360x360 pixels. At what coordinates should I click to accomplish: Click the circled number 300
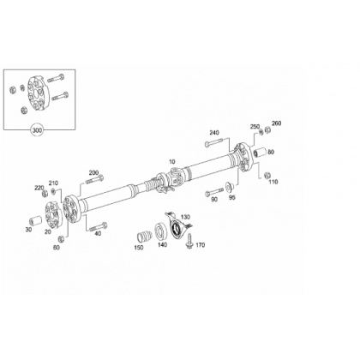click(38, 130)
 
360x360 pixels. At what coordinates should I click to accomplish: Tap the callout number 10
click(171, 161)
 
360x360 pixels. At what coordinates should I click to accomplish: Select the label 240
click(214, 133)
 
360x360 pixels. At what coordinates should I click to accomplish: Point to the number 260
click(277, 123)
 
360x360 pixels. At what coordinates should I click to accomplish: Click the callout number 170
click(201, 245)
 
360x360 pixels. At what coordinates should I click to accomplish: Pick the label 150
click(139, 248)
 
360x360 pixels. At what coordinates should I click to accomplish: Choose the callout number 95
click(232, 197)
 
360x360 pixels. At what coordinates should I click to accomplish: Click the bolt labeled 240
click(213, 142)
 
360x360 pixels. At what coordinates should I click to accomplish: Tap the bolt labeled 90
click(214, 191)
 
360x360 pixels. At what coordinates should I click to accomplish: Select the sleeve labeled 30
click(36, 221)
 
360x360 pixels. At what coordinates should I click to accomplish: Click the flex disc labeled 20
click(53, 214)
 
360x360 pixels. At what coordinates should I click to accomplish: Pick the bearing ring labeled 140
click(161, 231)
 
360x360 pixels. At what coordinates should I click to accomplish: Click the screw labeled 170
click(189, 241)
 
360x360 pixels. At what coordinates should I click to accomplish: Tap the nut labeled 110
click(267, 175)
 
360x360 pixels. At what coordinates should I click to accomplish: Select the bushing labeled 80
click(260, 153)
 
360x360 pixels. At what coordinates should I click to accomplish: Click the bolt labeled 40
click(99, 227)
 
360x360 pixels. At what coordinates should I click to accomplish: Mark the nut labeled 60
click(61, 239)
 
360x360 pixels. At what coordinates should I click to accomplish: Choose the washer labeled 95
click(229, 186)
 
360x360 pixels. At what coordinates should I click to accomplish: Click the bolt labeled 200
click(95, 180)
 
